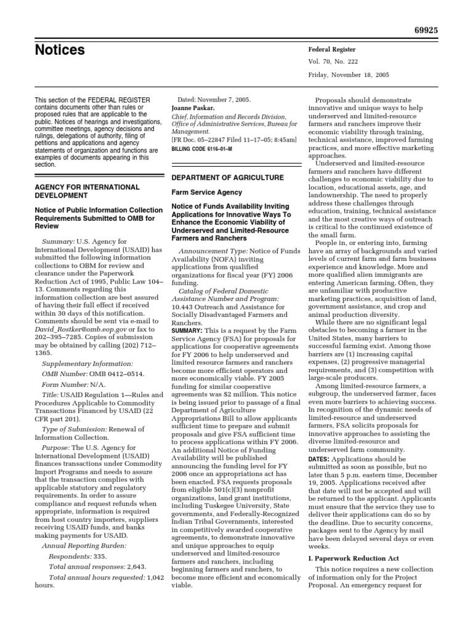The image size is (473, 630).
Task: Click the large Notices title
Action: (60, 50)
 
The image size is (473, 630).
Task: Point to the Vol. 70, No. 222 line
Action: (342, 62)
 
